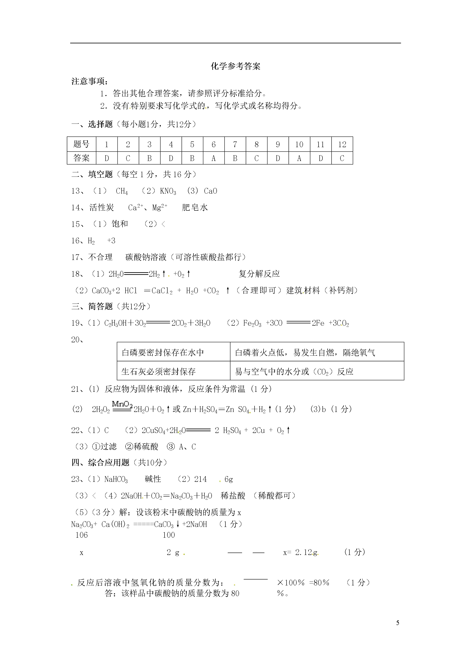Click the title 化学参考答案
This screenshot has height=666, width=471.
235,66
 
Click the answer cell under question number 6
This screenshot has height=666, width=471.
214,158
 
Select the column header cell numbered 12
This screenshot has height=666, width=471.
342,144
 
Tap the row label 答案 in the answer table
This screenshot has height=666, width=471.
81,158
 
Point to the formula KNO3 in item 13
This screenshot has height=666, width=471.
168,191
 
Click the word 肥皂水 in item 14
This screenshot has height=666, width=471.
195,207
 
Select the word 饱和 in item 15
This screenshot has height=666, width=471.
120,224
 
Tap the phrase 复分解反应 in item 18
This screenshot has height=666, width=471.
259,274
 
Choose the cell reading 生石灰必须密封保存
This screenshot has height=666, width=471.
158,372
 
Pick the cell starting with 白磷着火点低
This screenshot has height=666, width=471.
305,353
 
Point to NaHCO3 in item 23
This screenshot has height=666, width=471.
116,479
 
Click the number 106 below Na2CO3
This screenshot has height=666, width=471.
81,535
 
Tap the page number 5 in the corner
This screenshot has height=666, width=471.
397,623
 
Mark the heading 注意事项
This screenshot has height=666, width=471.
90,81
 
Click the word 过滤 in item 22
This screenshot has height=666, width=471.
108,446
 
